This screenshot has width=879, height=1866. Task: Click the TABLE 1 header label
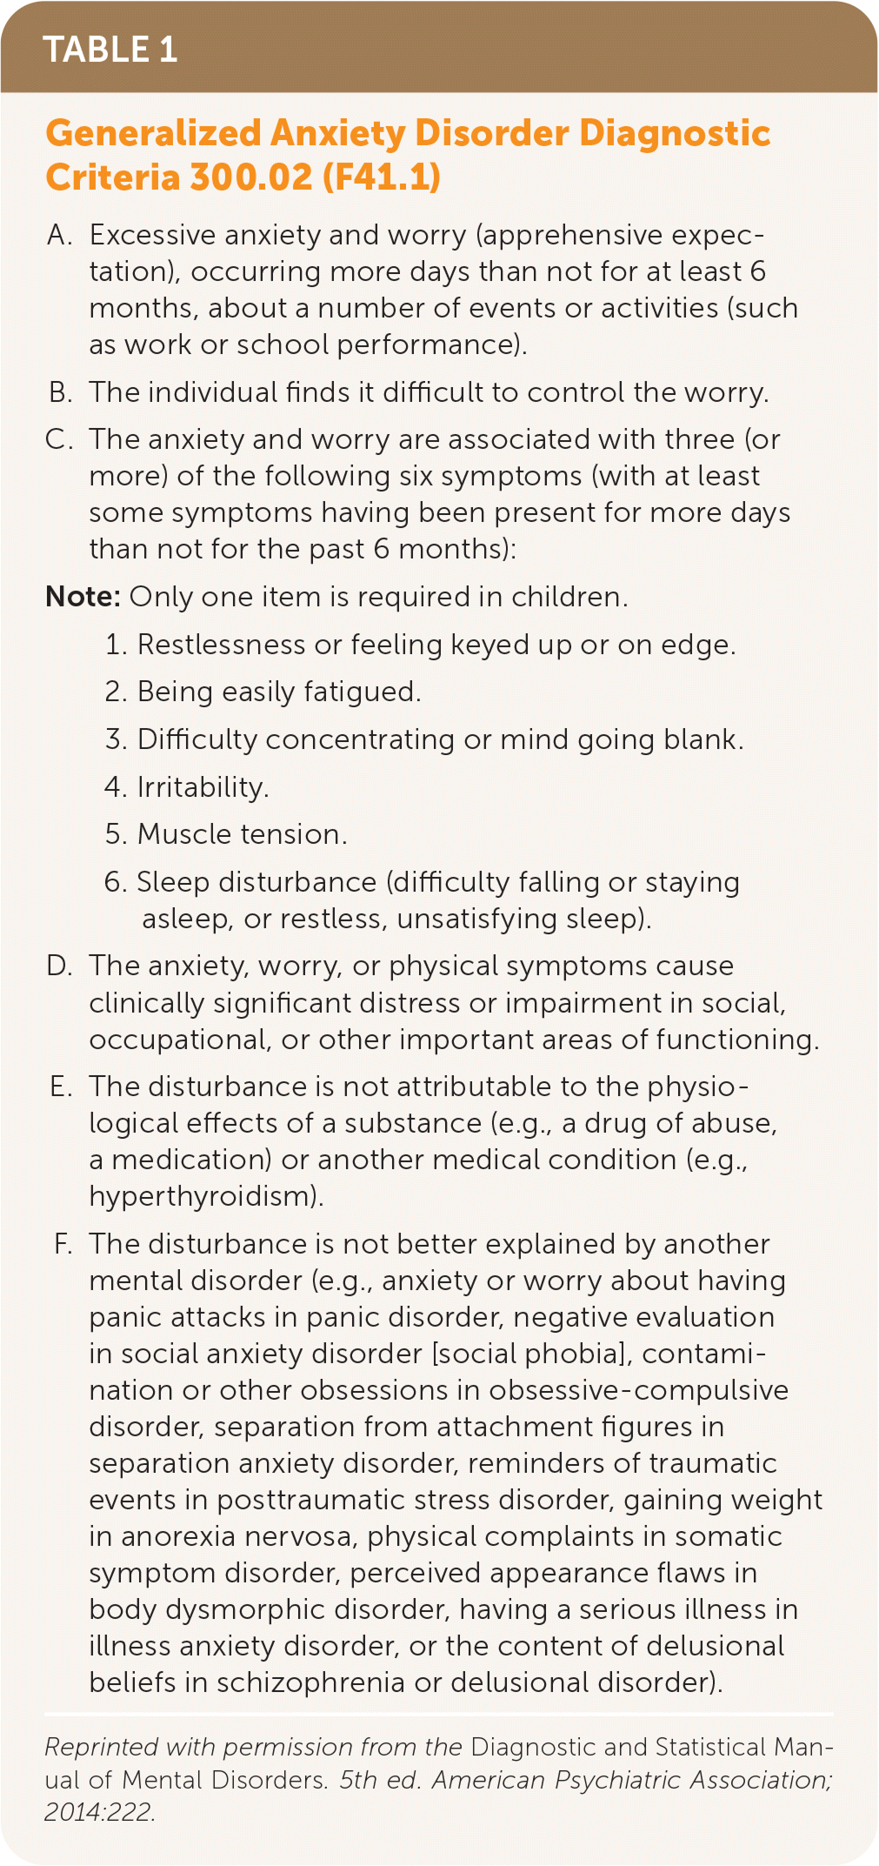coord(110,50)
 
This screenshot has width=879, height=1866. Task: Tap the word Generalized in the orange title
coord(153,134)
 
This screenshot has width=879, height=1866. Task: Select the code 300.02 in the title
coord(250,177)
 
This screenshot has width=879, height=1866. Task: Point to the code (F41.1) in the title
coord(382,177)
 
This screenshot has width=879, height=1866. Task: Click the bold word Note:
coord(83,597)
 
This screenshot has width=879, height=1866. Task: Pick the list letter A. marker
coord(60,235)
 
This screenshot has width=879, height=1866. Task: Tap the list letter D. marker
coord(60,966)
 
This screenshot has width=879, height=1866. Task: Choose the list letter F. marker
coord(63,1244)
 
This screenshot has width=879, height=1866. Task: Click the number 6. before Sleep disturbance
coord(117,882)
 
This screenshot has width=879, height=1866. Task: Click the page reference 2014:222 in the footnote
coord(98,1812)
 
